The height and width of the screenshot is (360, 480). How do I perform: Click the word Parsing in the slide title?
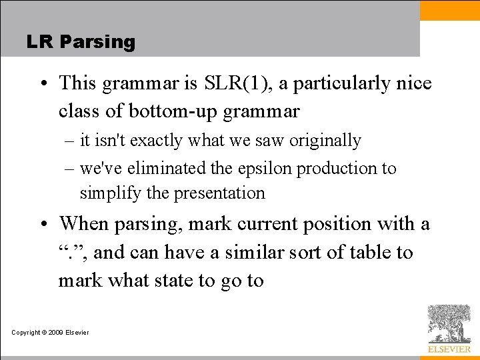tap(97, 42)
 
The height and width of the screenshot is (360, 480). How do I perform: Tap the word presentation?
tap(219, 193)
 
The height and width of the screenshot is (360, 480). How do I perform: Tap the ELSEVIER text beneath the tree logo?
tap(449, 349)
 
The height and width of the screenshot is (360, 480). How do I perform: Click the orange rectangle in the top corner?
tap(449, 10)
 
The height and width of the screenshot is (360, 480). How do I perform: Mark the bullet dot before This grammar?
tap(42, 84)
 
